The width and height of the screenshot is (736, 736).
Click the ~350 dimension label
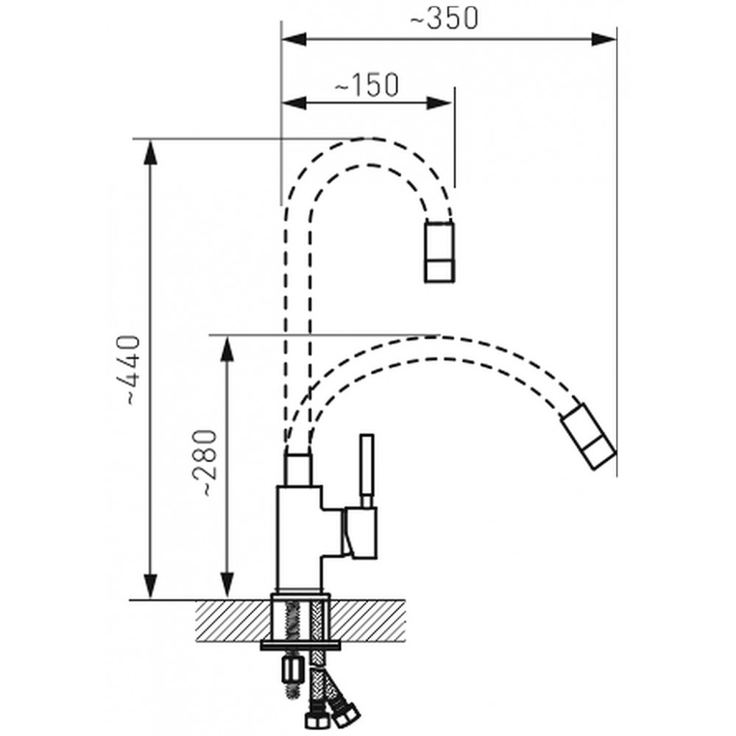tap(445, 18)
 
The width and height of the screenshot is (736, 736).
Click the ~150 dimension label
tap(366, 85)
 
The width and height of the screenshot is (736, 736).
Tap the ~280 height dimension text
tap(205, 462)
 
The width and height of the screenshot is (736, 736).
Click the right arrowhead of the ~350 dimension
tap(604, 39)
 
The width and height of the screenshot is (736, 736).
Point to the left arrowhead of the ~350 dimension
tap(294, 39)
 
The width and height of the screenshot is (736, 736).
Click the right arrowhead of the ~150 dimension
tap(441, 103)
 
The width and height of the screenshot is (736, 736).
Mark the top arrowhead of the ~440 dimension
tap(150, 152)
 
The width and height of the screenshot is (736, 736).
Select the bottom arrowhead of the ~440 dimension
tap(150, 587)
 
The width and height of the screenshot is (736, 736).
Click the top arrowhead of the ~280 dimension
tap(227, 349)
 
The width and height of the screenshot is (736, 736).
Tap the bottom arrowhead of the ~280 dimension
tap(227, 587)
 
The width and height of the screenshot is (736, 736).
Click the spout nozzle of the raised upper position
tap(439, 252)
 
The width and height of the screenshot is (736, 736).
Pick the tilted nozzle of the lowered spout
tap(589, 436)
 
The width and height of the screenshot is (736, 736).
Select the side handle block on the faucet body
tap(360, 533)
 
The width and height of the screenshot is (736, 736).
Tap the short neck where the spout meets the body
tap(299, 469)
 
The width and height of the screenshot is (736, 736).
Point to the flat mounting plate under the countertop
tap(301, 646)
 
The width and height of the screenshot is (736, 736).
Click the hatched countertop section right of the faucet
tap(367, 621)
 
